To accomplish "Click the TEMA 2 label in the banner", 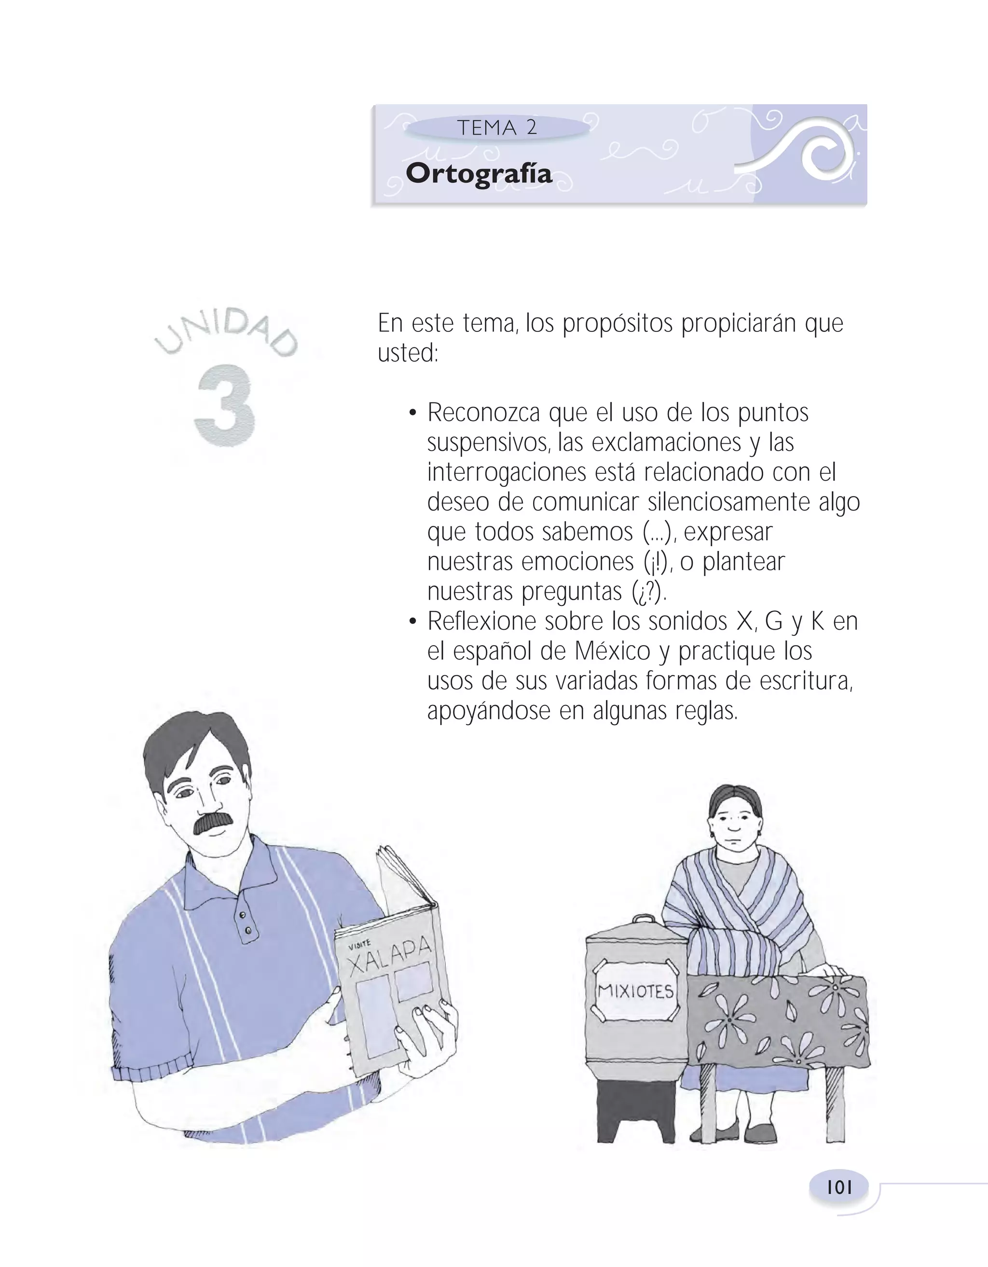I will pos(497,128).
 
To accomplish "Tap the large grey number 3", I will pos(225,406).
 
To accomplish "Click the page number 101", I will pos(839,1187).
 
